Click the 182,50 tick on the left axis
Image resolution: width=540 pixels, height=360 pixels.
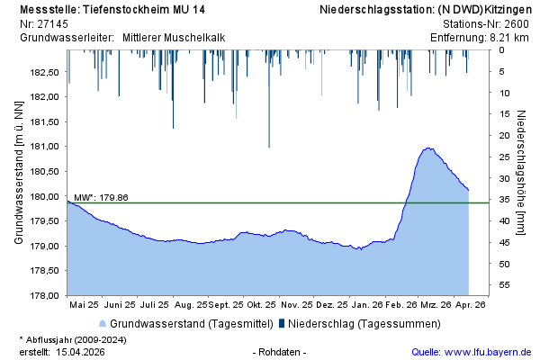(44, 72)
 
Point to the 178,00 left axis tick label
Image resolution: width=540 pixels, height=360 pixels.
(44, 295)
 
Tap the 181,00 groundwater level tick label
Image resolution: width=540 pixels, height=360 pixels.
(44, 147)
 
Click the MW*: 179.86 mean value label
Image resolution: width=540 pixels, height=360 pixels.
(101, 197)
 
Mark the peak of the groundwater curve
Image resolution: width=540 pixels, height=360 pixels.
(429, 148)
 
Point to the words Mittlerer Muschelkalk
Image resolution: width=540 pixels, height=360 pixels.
(174, 38)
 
